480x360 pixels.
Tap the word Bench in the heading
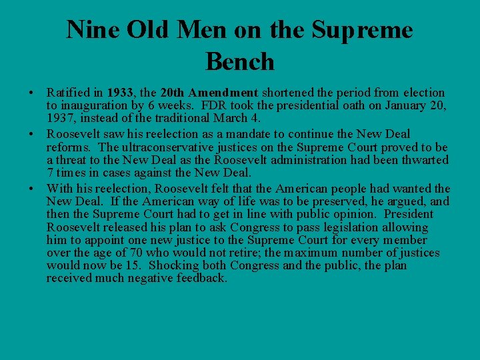[240, 61]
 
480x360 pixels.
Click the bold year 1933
[119, 93]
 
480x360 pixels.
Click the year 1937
[60, 119]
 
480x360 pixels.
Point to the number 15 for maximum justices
[133, 266]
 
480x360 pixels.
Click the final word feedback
[200, 279]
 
